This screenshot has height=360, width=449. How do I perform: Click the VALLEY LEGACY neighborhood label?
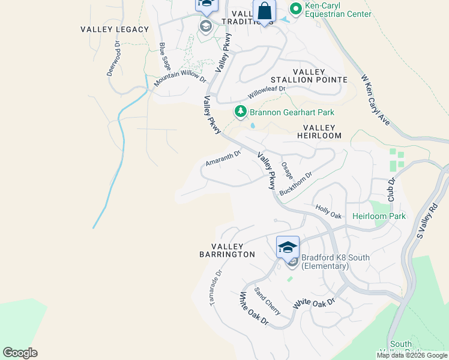pyautogui.click(x=115, y=29)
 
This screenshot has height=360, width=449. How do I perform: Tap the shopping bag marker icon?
pyautogui.click(x=264, y=11)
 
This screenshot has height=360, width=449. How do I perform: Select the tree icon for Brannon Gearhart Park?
pyautogui.click(x=240, y=112)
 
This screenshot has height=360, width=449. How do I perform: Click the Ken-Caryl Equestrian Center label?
pyautogui.click(x=338, y=10)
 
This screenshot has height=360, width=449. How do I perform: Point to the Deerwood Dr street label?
pyautogui.click(x=113, y=58)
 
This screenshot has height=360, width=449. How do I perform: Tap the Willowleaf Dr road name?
pyautogui.click(x=267, y=92)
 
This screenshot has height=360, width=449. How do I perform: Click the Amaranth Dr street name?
pyautogui.click(x=223, y=158)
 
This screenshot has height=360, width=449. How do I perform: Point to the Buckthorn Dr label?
pyautogui.click(x=296, y=184)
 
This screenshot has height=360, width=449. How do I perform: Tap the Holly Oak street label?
pyautogui.click(x=328, y=211)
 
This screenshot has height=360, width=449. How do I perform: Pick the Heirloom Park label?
pyautogui.click(x=379, y=216)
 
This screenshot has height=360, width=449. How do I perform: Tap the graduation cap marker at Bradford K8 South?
pyautogui.click(x=288, y=247)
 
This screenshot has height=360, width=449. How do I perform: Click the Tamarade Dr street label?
pyautogui.click(x=216, y=287)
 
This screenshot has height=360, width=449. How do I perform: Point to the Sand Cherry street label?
pyautogui.click(x=267, y=301)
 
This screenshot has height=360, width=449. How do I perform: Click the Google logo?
pyautogui.click(x=20, y=353)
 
